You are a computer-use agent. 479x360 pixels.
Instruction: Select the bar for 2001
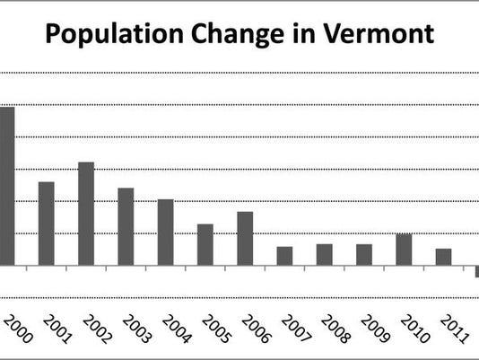click(47, 224)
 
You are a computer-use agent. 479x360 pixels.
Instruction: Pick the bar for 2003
click(126, 226)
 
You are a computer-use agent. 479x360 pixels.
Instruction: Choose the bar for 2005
click(205, 244)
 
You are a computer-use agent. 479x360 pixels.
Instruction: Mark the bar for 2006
click(245, 238)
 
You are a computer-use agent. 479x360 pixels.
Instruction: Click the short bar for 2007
click(284, 256)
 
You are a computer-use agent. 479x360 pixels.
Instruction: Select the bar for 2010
click(404, 250)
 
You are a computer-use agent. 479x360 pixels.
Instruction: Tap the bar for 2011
click(443, 257)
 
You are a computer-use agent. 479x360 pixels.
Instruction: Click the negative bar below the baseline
click(476, 271)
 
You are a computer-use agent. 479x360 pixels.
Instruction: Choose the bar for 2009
click(363, 255)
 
